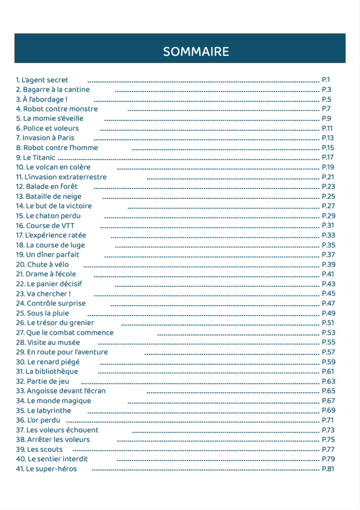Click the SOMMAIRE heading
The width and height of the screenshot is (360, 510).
click(196, 52)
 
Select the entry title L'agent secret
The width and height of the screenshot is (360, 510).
click(42, 80)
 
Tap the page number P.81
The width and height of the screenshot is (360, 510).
click(328, 469)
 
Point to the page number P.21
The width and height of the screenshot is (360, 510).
click(328, 177)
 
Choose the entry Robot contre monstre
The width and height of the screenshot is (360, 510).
click(57, 109)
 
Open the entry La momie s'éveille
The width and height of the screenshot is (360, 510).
click(49, 119)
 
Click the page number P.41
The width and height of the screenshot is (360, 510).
click(328, 274)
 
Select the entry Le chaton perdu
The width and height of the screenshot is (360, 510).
click(48, 216)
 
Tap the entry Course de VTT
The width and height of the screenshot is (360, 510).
click(45, 226)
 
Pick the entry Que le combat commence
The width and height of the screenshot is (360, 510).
click(65, 332)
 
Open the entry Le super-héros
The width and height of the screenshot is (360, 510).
click(46, 469)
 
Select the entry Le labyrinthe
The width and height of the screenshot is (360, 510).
click(43, 410)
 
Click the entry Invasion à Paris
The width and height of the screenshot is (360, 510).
click(45, 138)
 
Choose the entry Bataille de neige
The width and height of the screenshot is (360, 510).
click(48, 196)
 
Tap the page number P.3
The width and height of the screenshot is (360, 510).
click(327, 90)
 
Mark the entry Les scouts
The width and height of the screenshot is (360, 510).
click(39, 449)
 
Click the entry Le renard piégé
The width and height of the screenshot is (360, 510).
click(47, 362)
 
